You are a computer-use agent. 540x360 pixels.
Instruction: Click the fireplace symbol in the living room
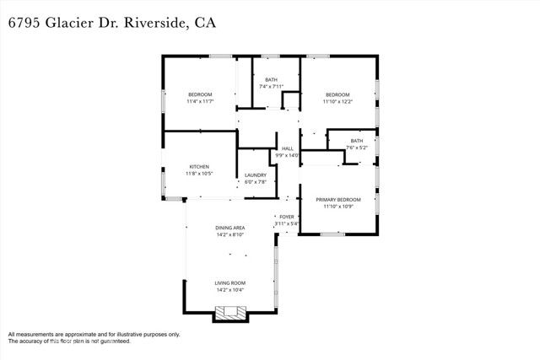(229, 314)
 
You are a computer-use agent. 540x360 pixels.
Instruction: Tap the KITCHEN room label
(199, 167)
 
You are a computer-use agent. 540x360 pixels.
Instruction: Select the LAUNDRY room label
(255, 175)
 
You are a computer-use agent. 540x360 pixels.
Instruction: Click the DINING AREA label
(229, 228)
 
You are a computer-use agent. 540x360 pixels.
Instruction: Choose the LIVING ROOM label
(229, 283)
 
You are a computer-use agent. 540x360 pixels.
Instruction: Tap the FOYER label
(288, 217)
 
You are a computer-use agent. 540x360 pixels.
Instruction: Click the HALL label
(287, 148)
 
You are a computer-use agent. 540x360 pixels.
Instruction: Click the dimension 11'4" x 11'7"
(200, 101)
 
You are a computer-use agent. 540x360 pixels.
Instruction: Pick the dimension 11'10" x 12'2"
(338, 101)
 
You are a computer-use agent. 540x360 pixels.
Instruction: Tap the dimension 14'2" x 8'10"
(229, 235)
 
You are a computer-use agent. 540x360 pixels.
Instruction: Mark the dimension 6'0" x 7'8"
(255, 182)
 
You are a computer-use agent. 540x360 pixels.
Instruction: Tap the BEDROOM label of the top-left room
(200, 94)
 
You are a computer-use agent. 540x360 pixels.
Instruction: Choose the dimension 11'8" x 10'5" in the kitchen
(199, 174)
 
